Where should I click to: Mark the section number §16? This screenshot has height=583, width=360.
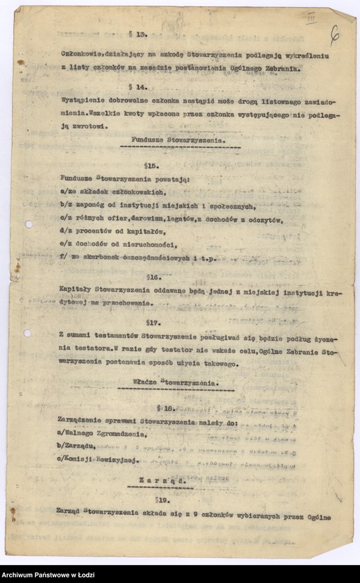point(154,276)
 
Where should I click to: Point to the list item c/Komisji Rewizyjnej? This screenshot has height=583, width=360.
point(90,459)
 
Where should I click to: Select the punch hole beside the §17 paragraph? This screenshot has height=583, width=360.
point(27,333)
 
